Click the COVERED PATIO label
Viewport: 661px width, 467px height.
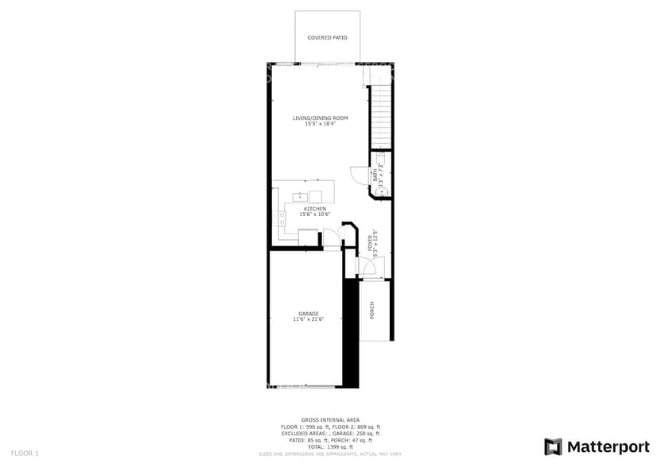[x=327, y=37]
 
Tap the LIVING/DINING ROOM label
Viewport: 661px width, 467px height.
[x=320, y=118]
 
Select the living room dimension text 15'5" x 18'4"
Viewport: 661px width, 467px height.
[x=320, y=123]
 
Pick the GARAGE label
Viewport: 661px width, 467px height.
[x=309, y=313]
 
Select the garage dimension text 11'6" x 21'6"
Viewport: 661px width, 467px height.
[x=309, y=319]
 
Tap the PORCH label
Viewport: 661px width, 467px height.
[x=372, y=310]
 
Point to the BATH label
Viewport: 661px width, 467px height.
[x=375, y=176]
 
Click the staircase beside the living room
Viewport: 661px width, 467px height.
[x=382, y=111]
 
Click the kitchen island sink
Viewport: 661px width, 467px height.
[x=301, y=195]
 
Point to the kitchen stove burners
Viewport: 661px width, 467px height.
[x=282, y=219]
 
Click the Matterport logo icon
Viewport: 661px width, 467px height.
[x=554, y=446]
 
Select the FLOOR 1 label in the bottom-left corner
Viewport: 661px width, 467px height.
[x=25, y=453]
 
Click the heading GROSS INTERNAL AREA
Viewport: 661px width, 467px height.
[x=330, y=419]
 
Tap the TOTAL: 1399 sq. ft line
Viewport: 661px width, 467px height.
[x=330, y=447]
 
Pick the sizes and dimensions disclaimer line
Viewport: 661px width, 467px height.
[x=330, y=454]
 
